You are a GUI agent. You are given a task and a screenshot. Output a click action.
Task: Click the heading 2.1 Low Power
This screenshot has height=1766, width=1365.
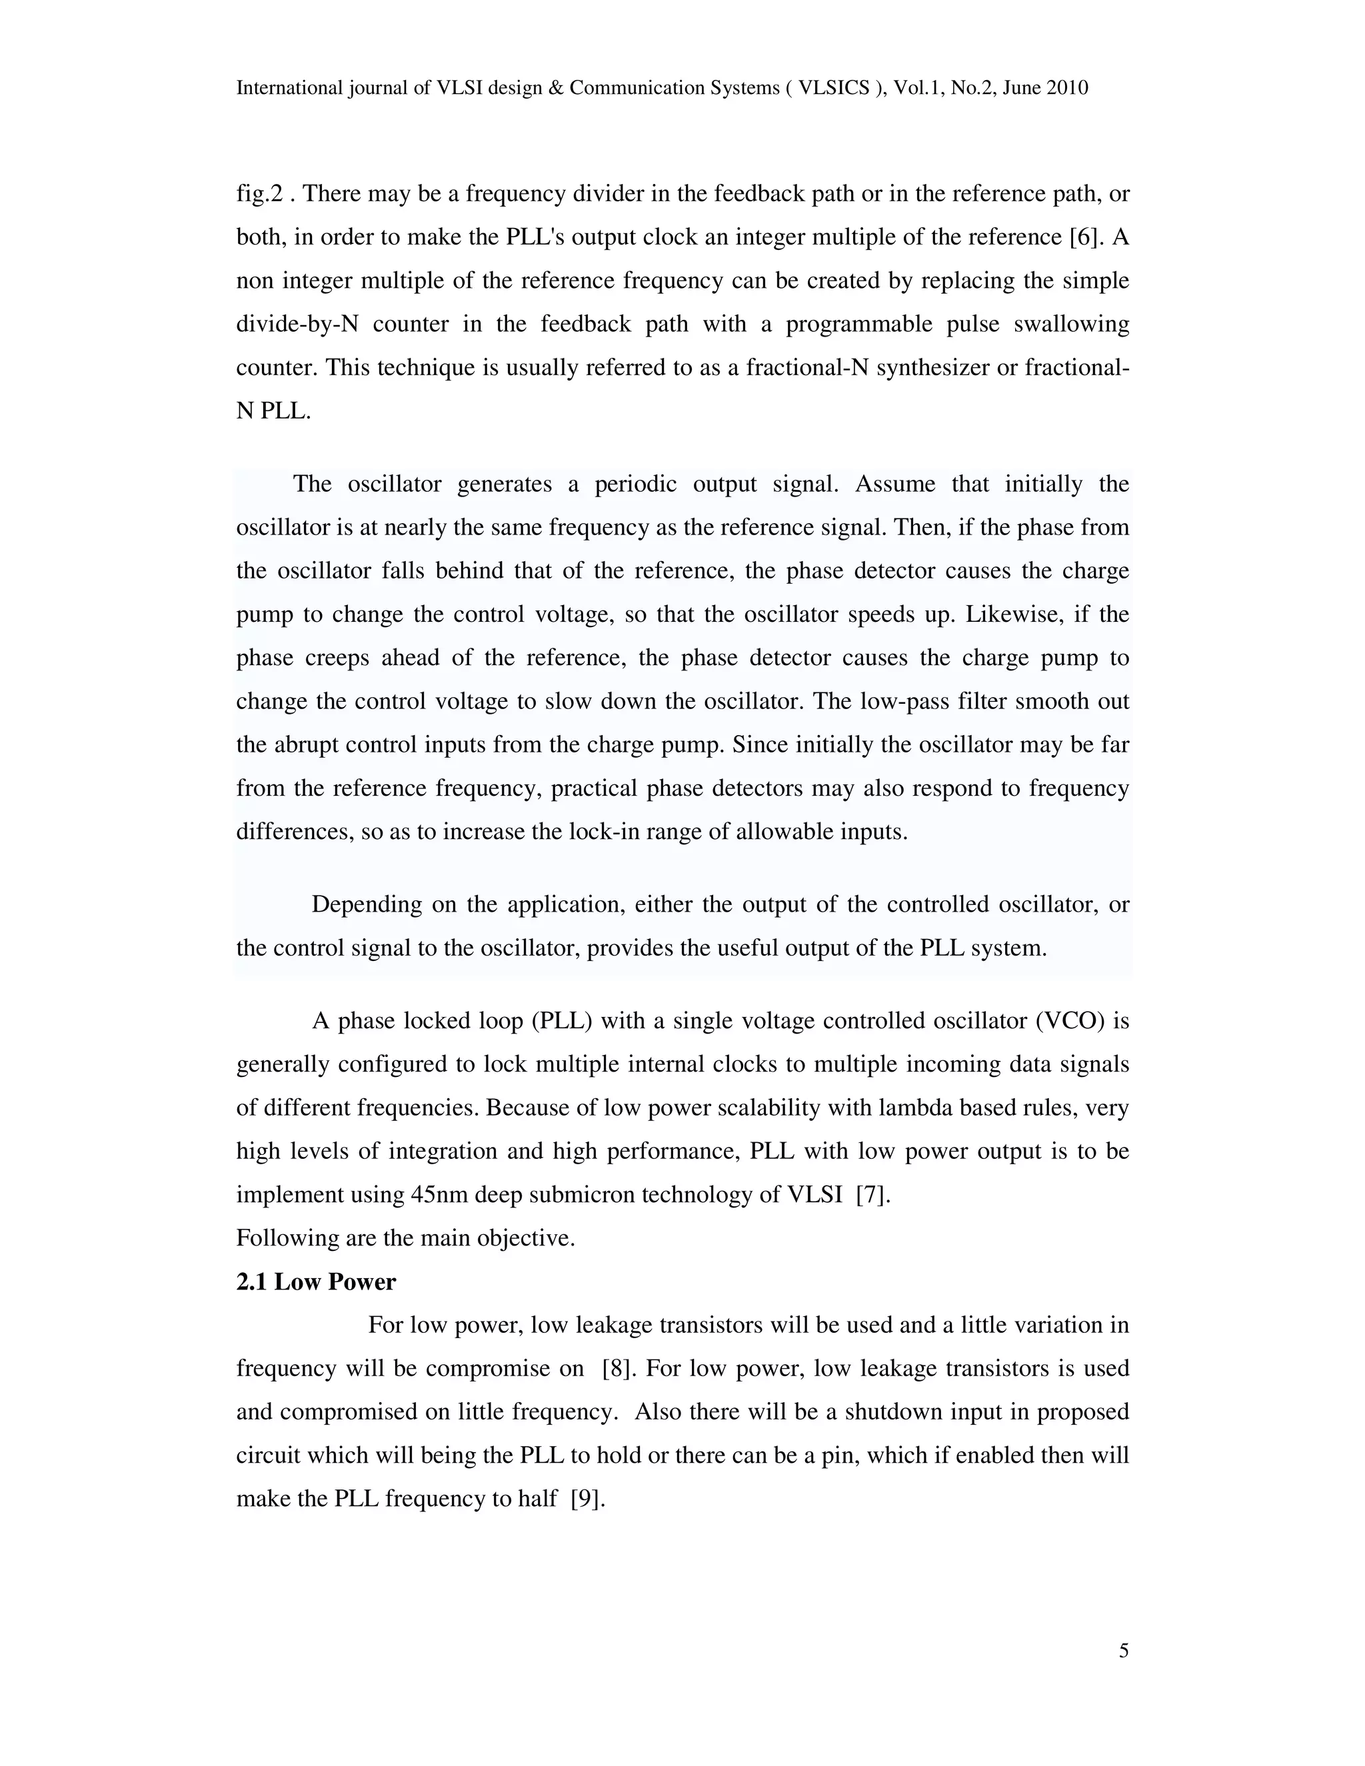(315, 1282)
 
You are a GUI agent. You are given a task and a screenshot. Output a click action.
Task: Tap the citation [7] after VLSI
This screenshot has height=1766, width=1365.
(872, 1194)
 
